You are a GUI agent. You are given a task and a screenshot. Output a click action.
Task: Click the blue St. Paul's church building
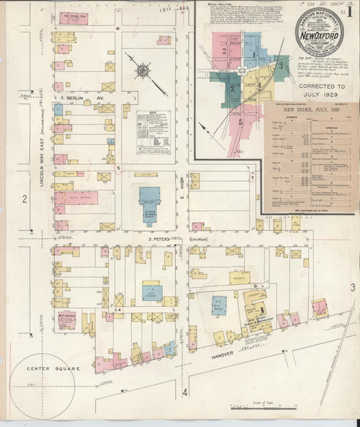point(149,202)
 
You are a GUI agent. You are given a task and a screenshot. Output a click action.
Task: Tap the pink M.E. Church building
point(66,319)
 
